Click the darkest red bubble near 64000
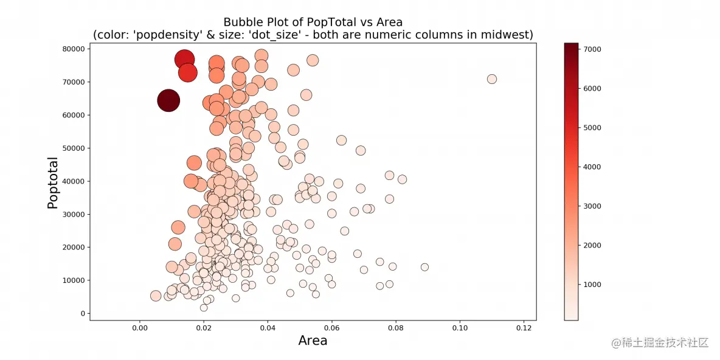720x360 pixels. [x=168, y=100]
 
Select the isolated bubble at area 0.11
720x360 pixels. [x=492, y=79]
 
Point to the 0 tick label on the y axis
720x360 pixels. [x=81, y=314]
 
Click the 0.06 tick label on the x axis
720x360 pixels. [x=331, y=329]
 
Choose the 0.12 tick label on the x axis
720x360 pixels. [x=524, y=329]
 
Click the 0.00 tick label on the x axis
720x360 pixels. [x=140, y=329]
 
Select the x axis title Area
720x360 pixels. [x=313, y=341]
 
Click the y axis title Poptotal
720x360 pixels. [x=53, y=183]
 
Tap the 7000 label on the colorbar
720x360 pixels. [x=593, y=49]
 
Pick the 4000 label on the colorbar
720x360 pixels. [x=593, y=167]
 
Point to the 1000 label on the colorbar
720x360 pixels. [x=593, y=285]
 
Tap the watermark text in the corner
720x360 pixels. [x=660, y=342]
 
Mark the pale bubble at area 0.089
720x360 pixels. [x=424, y=267]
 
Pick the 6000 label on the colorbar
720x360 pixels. [x=593, y=88]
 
